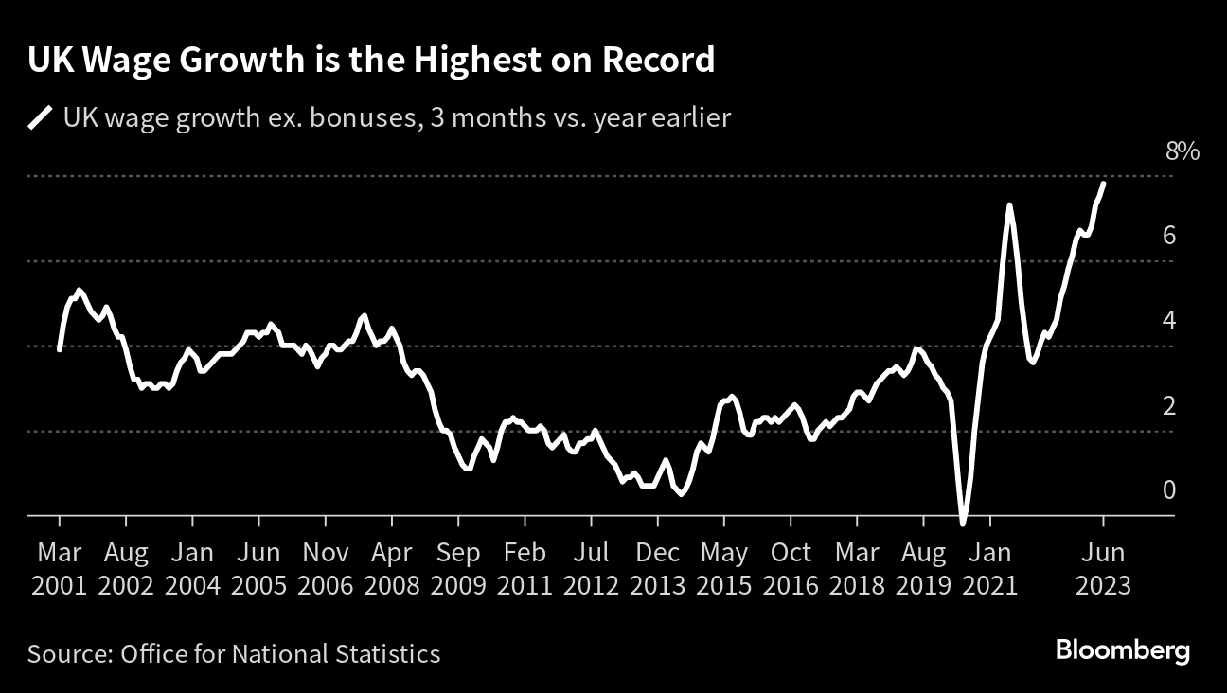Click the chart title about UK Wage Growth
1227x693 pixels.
click(x=371, y=62)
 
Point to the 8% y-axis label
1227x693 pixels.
click(x=1183, y=151)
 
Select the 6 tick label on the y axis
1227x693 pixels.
click(x=1169, y=235)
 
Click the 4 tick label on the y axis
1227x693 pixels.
click(x=1169, y=320)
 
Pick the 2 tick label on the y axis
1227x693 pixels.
click(x=1169, y=405)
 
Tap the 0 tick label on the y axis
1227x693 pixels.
click(x=1169, y=489)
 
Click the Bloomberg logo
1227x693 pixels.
click(x=1122, y=651)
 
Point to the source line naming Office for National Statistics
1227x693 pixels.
click(x=234, y=653)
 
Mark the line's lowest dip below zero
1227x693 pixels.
click(x=963, y=522)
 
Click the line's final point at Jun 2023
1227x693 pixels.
click(x=1104, y=183)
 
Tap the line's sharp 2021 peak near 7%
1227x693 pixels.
click(x=1009, y=205)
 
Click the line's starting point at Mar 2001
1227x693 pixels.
click(x=59, y=349)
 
